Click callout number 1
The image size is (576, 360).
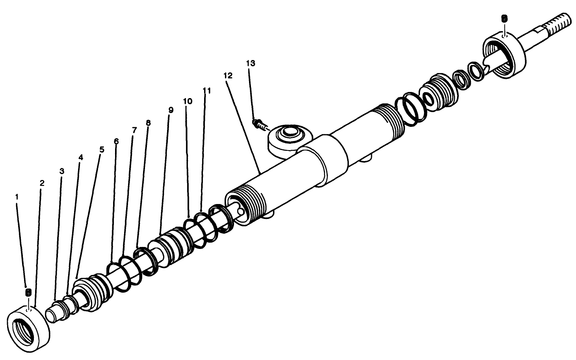pyautogui.click(x=17, y=195)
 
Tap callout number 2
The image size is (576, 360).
pyautogui.click(x=42, y=183)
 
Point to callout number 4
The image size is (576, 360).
pyautogui.click(x=81, y=158)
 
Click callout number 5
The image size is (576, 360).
pyautogui.click(x=102, y=149)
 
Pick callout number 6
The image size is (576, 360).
pyautogui.click(x=116, y=141)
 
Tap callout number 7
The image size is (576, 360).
pyautogui.click(x=134, y=130)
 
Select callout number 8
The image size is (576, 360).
pyautogui.click(x=148, y=123)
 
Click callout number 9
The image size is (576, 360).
pyautogui.click(x=171, y=110)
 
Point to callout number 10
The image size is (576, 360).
pyautogui.click(x=188, y=101)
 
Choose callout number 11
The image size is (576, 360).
pyautogui.click(x=207, y=91)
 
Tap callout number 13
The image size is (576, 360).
pyautogui.click(x=251, y=63)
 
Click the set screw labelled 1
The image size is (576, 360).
pyautogui.click(x=28, y=292)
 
